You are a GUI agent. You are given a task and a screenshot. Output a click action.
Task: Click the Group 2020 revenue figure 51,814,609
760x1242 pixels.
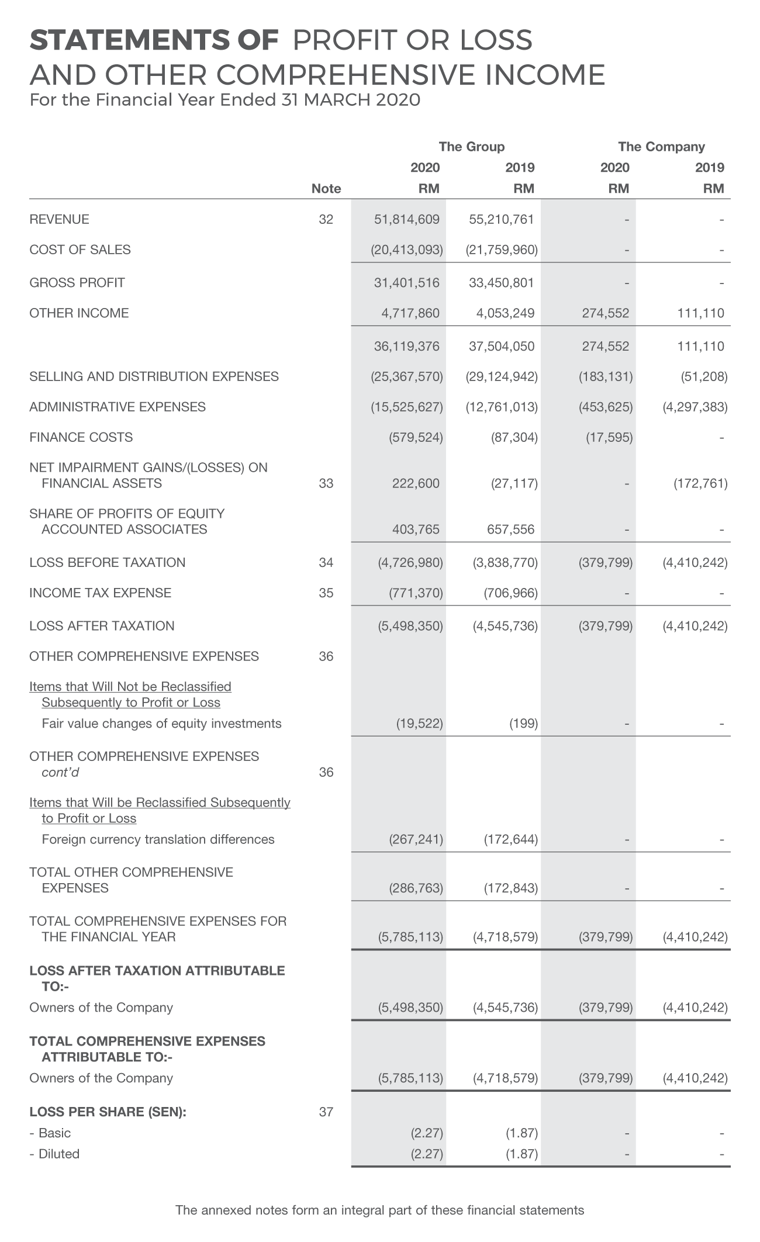click(406, 220)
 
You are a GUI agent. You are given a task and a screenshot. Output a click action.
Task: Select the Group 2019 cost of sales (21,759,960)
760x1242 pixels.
click(502, 250)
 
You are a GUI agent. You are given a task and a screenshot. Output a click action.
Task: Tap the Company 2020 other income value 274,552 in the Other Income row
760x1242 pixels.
click(605, 313)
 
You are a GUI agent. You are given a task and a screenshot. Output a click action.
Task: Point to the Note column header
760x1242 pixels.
click(326, 189)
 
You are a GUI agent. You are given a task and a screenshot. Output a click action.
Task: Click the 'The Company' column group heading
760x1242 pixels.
click(661, 147)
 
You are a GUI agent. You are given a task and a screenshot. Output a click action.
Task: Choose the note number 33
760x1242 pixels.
click(326, 483)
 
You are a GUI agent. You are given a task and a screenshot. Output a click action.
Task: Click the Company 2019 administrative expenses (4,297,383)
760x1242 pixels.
click(695, 407)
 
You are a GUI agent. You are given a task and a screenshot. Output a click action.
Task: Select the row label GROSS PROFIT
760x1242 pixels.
click(77, 283)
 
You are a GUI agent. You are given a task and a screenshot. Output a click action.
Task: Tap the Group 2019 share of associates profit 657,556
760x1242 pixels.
click(510, 530)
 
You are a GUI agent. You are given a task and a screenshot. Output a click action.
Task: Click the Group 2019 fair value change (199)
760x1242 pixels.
click(523, 724)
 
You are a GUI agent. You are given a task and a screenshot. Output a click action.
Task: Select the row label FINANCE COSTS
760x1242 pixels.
click(81, 437)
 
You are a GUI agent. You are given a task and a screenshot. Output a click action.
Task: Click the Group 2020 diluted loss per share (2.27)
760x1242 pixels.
click(427, 1154)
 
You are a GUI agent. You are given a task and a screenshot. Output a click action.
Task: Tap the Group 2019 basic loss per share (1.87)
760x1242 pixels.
click(521, 1133)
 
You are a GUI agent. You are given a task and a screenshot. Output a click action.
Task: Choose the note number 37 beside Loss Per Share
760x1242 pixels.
click(326, 1112)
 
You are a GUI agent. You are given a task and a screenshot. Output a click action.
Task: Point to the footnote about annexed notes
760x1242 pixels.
click(380, 1210)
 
